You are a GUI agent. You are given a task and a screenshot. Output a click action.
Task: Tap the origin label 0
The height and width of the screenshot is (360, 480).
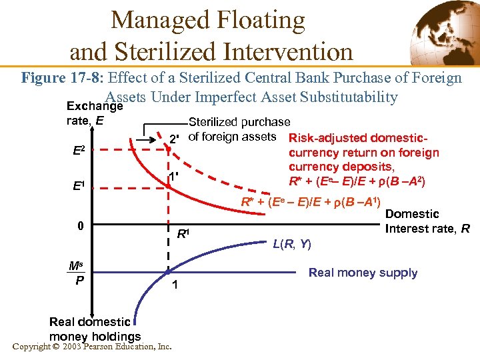pos(80,225)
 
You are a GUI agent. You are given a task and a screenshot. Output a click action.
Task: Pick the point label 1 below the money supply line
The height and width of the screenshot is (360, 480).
pos(175,285)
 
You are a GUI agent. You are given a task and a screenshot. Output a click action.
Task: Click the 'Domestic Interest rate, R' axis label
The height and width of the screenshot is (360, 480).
pos(427,222)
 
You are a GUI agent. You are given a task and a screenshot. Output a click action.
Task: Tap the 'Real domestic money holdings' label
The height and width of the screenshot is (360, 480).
pos(95,329)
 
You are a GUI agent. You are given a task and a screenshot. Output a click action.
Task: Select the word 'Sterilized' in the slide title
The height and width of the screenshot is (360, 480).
pos(165,51)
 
